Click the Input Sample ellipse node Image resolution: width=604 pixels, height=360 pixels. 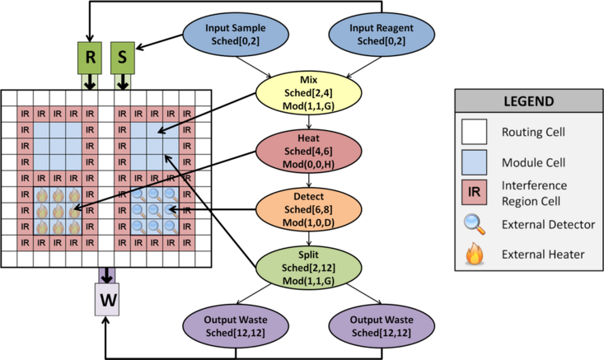(x=225, y=34)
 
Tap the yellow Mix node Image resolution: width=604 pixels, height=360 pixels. (x=308, y=91)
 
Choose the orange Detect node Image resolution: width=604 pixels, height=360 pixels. (x=308, y=210)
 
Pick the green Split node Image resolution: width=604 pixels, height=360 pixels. (x=308, y=269)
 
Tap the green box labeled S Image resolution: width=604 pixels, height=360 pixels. (x=123, y=58)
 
